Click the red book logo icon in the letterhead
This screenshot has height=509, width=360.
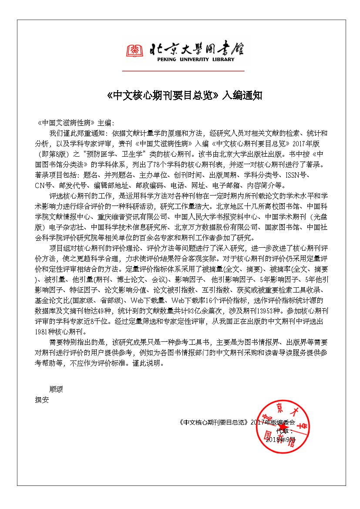click(x=135, y=51)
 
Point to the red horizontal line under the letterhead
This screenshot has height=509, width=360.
click(x=183, y=70)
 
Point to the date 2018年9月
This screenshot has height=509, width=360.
click(x=280, y=439)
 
